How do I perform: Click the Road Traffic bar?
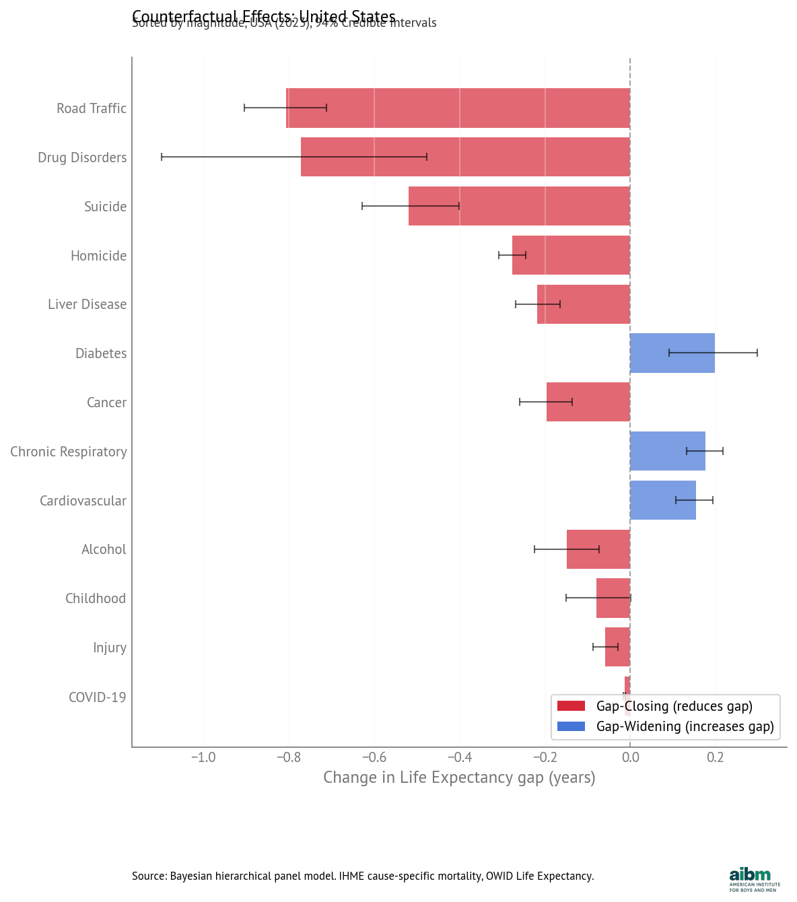[458, 108]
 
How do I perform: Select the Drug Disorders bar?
[465, 157]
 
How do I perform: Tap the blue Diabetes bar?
[672, 353]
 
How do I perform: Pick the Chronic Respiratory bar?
[667, 451]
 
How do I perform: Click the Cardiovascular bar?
[662, 500]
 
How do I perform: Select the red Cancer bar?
[588, 402]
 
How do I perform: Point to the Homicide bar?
[571, 255]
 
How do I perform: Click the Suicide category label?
[105, 207]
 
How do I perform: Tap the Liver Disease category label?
[87, 304]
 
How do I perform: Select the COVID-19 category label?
[97, 697]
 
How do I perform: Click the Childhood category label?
[96, 598]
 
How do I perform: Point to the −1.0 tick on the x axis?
[203, 757]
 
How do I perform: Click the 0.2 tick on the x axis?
[715, 757]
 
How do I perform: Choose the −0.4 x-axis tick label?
[460, 757]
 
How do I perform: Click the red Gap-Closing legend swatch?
[571, 706]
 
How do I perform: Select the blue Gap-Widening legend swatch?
[571, 726]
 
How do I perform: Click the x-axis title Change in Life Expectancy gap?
[459, 777]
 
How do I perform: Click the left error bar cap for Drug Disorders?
[162, 157]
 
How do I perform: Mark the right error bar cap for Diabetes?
[757, 353]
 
